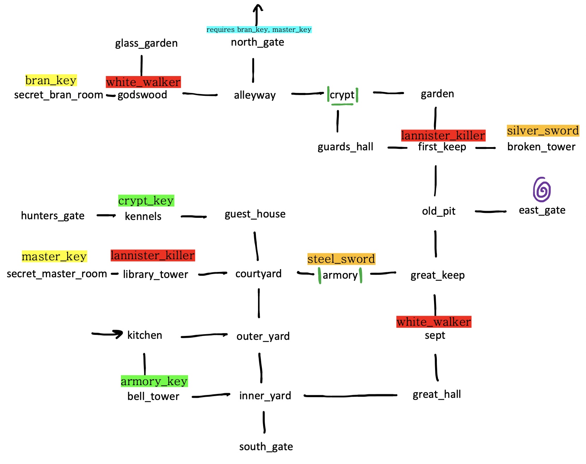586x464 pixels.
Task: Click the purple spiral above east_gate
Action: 542,190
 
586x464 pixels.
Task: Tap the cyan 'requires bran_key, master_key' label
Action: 259,30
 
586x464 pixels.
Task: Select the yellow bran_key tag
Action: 51,81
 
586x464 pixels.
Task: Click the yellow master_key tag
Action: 54,256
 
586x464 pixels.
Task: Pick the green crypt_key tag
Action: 146,201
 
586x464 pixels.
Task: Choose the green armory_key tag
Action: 154,381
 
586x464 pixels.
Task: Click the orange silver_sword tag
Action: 543,131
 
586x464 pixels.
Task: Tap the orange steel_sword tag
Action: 341,259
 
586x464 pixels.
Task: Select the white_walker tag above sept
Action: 434,322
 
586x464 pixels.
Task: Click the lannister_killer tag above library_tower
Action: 152,255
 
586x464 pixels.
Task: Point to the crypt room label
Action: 342,95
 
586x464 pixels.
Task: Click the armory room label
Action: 340,275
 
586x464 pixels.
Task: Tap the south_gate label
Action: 266,447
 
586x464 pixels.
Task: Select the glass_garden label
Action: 146,43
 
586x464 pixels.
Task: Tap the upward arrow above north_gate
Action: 258,14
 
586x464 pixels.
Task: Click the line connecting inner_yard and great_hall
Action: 350,396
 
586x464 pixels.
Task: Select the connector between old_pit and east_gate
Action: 491,211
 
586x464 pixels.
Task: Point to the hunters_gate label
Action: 53,216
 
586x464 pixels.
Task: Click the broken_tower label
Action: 541,147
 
